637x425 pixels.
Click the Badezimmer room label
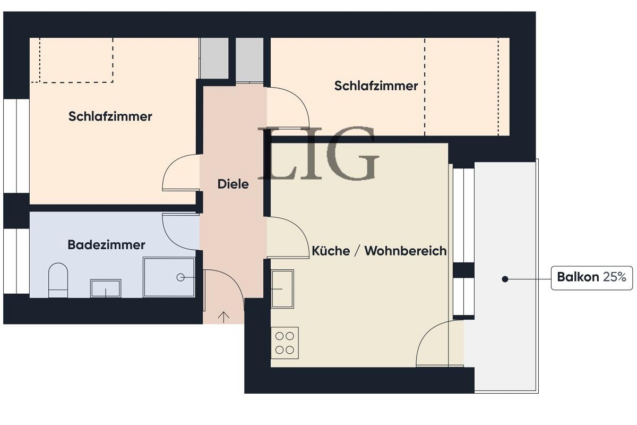[106, 245]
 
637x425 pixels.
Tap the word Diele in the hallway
[233, 184]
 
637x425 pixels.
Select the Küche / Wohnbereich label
[379, 251]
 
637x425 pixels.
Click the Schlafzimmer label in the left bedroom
[110, 116]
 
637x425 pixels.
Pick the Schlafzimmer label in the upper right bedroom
[376, 86]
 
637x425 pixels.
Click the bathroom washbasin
[106, 288]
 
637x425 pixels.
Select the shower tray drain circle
[180, 277]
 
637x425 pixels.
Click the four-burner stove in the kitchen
[285, 343]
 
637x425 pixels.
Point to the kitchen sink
[282, 288]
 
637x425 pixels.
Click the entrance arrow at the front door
[224, 317]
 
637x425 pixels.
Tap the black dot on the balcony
[505, 279]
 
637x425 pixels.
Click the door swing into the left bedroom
[179, 173]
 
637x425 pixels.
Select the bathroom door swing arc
[179, 231]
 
